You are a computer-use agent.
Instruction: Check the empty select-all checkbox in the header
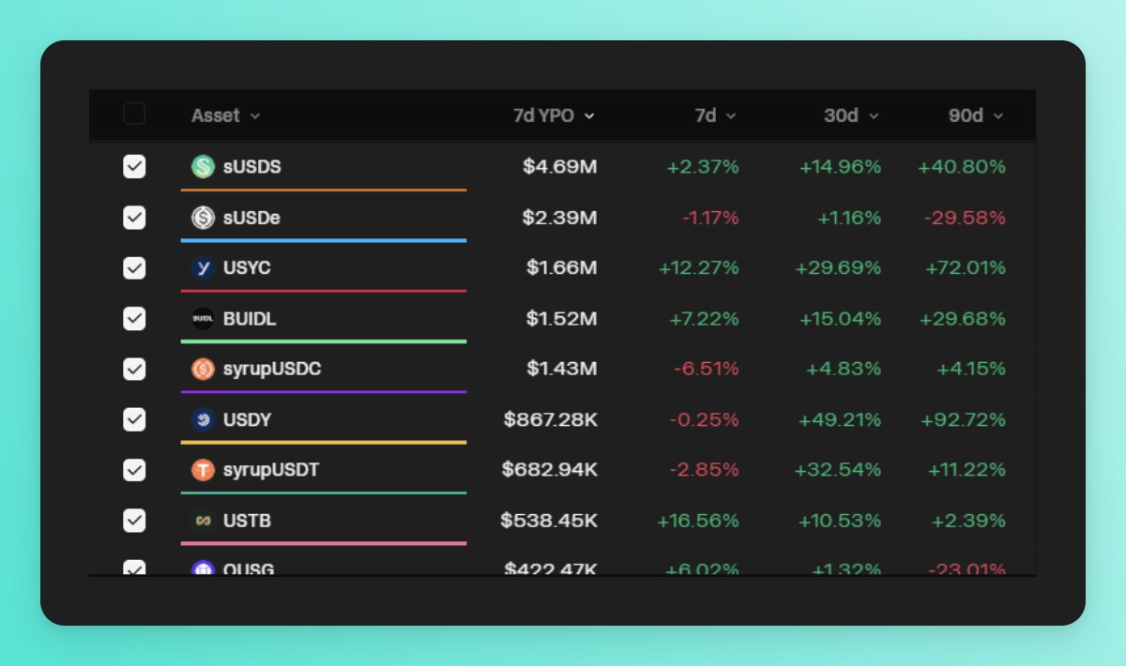click(134, 114)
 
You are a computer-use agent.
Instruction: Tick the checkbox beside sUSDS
click(134, 167)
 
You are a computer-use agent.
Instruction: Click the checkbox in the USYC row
click(134, 268)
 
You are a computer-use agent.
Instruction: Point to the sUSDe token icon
click(203, 218)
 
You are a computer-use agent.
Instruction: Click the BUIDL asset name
click(250, 319)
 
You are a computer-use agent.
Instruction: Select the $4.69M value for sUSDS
click(560, 167)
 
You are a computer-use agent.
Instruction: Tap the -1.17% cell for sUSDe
click(710, 218)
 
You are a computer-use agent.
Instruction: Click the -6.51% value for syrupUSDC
click(707, 370)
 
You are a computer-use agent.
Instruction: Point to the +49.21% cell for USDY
click(840, 419)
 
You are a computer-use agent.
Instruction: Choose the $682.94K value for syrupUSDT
click(549, 469)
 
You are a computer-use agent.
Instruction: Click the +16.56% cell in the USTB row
click(698, 520)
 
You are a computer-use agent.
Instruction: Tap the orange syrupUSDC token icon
click(203, 370)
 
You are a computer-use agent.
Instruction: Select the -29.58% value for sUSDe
click(965, 218)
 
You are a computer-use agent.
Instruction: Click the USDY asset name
click(247, 419)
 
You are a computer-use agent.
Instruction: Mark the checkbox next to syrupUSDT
click(134, 469)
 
